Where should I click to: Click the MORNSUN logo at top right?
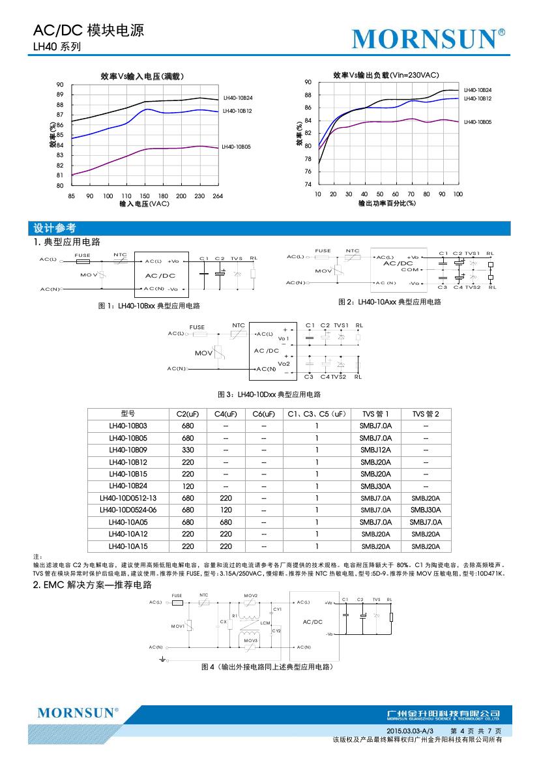point(428,39)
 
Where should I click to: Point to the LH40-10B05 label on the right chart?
point(477,122)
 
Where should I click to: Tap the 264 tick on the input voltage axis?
point(218,196)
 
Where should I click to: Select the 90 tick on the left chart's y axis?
point(60,85)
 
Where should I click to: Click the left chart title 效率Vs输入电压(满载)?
point(143,76)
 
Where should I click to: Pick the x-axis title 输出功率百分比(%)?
point(387,203)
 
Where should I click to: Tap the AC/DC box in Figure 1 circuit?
point(160,275)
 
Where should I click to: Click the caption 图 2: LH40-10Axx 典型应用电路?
point(390,302)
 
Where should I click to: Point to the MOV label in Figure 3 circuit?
point(203,353)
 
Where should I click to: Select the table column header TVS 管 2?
point(426,413)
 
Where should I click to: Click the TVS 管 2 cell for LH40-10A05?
point(426,522)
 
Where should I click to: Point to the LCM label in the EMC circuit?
point(265,623)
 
